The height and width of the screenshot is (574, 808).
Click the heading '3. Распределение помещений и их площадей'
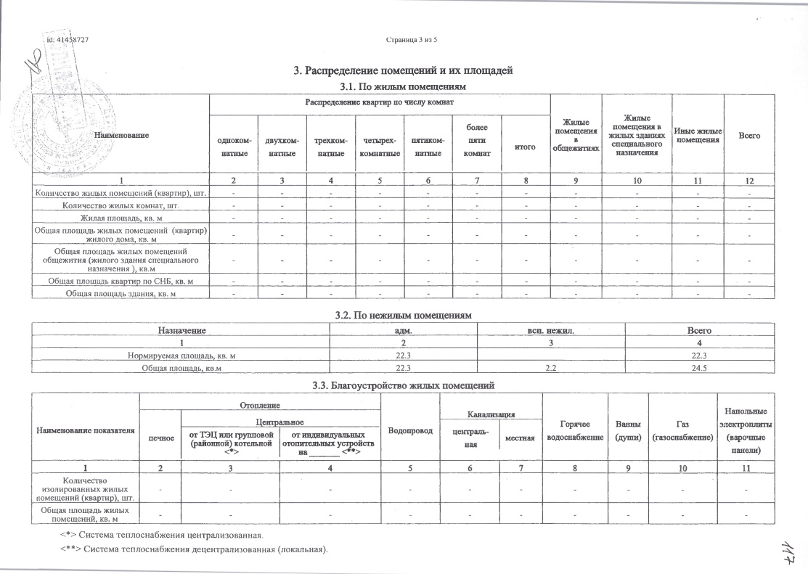pyautogui.click(x=403, y=70)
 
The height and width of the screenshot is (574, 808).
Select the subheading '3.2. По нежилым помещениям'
pyautogui.click(x=403, y=316)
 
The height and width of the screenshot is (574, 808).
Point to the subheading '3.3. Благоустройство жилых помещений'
pyautogui.click(x=403, y=385)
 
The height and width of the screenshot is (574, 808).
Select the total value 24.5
pyautogui.click(x=699, y=369)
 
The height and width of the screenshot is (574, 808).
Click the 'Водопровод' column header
pyautogui.click(x=411, y=431)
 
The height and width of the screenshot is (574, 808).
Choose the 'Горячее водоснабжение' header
pyautogui.click(x=575, y=431)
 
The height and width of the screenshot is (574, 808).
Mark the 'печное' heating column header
pyautogui.click(x=160, y=438)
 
